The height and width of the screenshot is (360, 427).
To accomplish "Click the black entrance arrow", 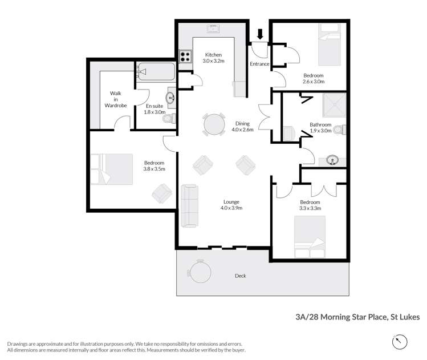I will [x=260, y=35].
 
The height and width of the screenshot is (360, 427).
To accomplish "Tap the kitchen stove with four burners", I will [x=185, y=56].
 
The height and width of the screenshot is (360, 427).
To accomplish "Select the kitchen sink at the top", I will [x=214, y=30].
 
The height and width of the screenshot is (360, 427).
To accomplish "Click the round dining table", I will [x=214, y=124].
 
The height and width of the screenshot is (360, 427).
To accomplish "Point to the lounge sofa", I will [x=190, y=205].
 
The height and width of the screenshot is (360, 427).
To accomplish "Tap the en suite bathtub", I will [x=155, y=72].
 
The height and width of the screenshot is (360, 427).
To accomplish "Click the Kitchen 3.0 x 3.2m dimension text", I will [x=214, y=58].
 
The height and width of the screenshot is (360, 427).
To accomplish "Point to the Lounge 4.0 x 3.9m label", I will [x=231, y=205].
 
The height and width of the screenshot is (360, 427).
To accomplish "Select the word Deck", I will [x=240, y=276].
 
